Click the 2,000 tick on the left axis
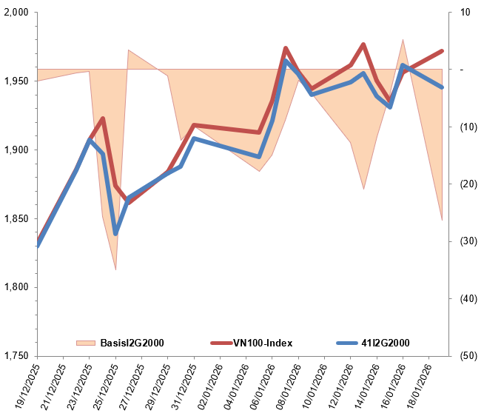pyautogui.click(x=15, y=13)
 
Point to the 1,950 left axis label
pyautogui.click(x=15, y=81)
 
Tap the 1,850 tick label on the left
pyautogui.click(x=15, y=218)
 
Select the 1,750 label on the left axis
pyautogui.click(x=15, y=356)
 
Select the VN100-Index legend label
pyautogui.click(x=263, y=343)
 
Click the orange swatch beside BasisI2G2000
pyautogui.click(x=86, y=343)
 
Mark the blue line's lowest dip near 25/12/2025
pyautogui.click(x=115, y=233)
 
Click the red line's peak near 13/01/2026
pyautogui.click(x=363, y=44)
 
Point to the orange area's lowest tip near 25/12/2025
pyautogui.click(x=115, y=269)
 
